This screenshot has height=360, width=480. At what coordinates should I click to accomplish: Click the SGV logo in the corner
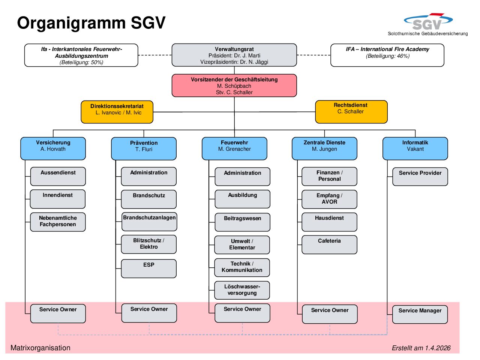(428, 24)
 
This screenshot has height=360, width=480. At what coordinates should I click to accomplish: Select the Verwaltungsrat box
(234, 55)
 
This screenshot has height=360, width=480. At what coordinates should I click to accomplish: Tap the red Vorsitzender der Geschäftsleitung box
(234, 85)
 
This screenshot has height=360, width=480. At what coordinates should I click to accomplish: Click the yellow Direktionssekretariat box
(117, 112)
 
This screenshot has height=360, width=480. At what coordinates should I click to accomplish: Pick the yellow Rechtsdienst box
(351, 112)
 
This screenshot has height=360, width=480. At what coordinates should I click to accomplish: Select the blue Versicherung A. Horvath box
(53, 148)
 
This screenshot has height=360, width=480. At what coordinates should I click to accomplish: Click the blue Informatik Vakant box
(415, 148)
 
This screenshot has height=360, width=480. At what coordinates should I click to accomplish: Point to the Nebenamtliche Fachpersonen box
(58, 222)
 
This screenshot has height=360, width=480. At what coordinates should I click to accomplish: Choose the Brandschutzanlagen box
(149, 222)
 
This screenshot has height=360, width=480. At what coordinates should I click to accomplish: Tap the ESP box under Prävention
(149, 268)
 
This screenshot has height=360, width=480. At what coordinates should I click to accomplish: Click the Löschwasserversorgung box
(242, 290)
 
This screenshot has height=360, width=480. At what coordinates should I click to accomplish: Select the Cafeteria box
(329, 244)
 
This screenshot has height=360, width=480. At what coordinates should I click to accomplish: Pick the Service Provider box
(420, 177)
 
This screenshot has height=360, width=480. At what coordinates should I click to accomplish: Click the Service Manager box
(420, 314)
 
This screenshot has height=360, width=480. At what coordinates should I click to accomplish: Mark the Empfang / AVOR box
(329, 199)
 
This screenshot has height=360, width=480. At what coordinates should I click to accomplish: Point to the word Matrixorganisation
(40, 348)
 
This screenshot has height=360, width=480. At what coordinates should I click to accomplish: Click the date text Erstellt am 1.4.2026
(421, 348)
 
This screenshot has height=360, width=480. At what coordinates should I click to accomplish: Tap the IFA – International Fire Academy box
(387, 55)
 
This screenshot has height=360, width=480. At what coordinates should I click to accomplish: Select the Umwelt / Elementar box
(242, 245)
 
